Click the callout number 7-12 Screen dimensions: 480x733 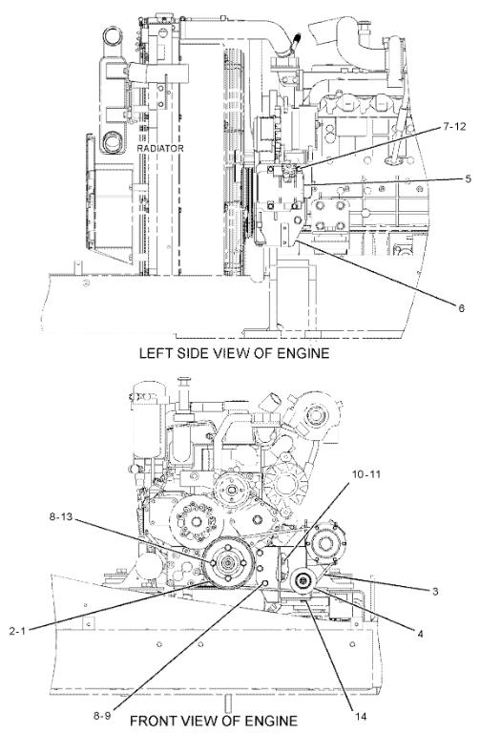pos(454,127)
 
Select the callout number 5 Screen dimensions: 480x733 pos(468,179)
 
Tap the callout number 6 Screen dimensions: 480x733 pos(461,308)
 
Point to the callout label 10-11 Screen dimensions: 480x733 pos(365,474)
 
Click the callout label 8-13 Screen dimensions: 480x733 pos(61,516)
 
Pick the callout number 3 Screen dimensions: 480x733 pos(435,592)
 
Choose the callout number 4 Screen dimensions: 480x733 pos(420,634)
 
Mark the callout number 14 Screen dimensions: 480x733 pos(361,716)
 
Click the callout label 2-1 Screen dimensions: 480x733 pos(17,631)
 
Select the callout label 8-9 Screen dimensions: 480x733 pos(102,716)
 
